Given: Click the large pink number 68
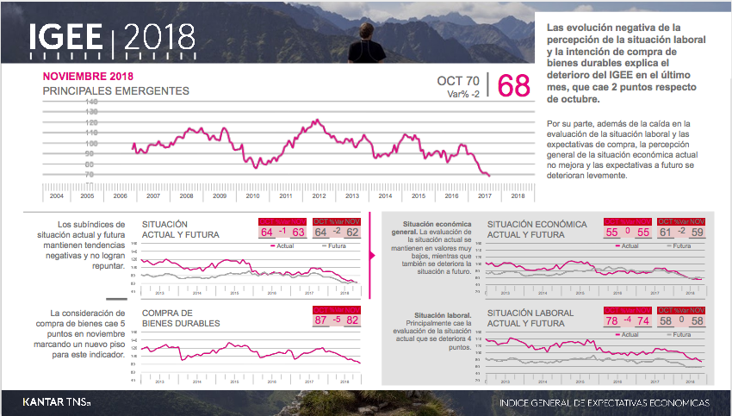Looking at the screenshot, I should [x=514, y=86].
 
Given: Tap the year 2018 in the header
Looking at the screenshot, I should [x=160, y=38].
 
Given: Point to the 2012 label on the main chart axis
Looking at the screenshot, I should [x=319, y=196].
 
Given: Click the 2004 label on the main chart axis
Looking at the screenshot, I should [x=56, y=196].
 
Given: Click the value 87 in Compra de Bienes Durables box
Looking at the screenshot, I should [x=320, y=320].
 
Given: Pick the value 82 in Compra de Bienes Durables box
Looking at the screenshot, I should [x=351, y=320].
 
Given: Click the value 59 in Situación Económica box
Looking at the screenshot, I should [x=697, y=233].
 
